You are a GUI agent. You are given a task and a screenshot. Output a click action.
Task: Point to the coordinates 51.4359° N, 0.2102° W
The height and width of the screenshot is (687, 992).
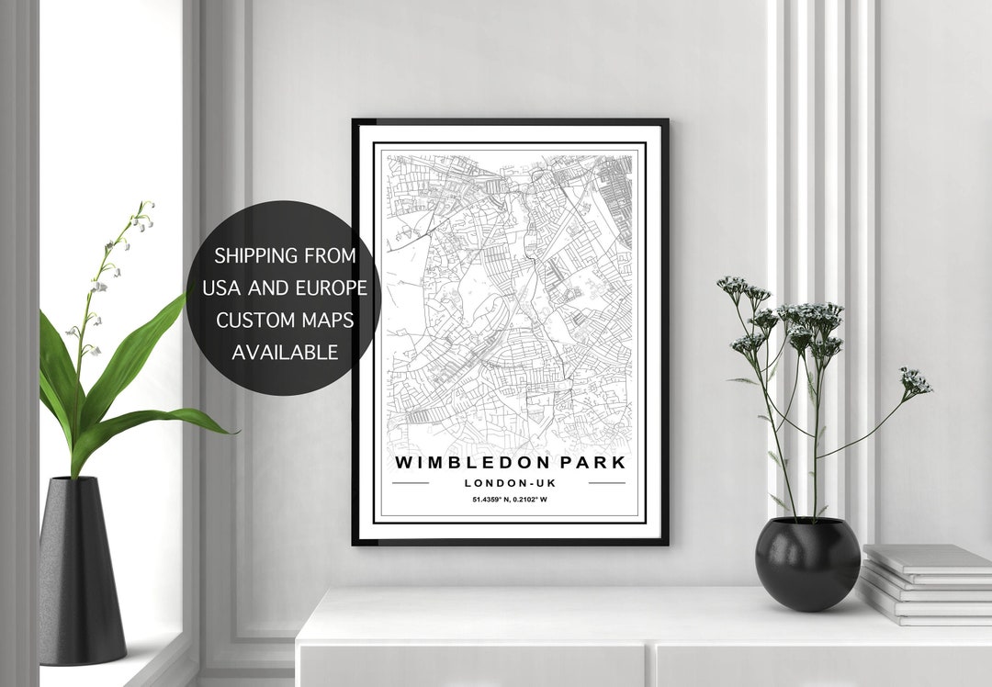[509, 500]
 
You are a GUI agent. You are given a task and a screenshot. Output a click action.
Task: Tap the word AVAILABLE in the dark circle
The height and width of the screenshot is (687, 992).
[285, 352]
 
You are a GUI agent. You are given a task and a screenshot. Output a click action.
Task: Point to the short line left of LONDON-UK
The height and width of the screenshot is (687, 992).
[411, 482]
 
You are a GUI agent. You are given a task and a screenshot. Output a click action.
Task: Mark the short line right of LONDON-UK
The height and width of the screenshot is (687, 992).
[606, 482]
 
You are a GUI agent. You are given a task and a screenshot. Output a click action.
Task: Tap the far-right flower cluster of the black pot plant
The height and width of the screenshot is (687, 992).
[916, 381]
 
